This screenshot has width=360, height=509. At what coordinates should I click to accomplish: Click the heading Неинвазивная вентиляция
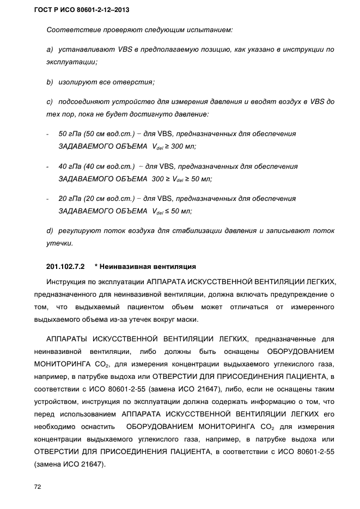(x=145, y=267)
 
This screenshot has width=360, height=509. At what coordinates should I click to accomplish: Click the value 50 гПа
(x=70, y=133)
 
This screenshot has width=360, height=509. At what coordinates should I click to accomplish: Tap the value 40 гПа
(x=70, y=166)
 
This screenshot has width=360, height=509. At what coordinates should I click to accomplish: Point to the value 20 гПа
(x=70, y=199)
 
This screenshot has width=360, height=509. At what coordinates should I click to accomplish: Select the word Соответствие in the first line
(x=70, y=29)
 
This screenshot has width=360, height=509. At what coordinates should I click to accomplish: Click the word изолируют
(x=77, y=82)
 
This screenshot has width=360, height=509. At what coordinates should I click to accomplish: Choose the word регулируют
(x=80, y=231)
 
